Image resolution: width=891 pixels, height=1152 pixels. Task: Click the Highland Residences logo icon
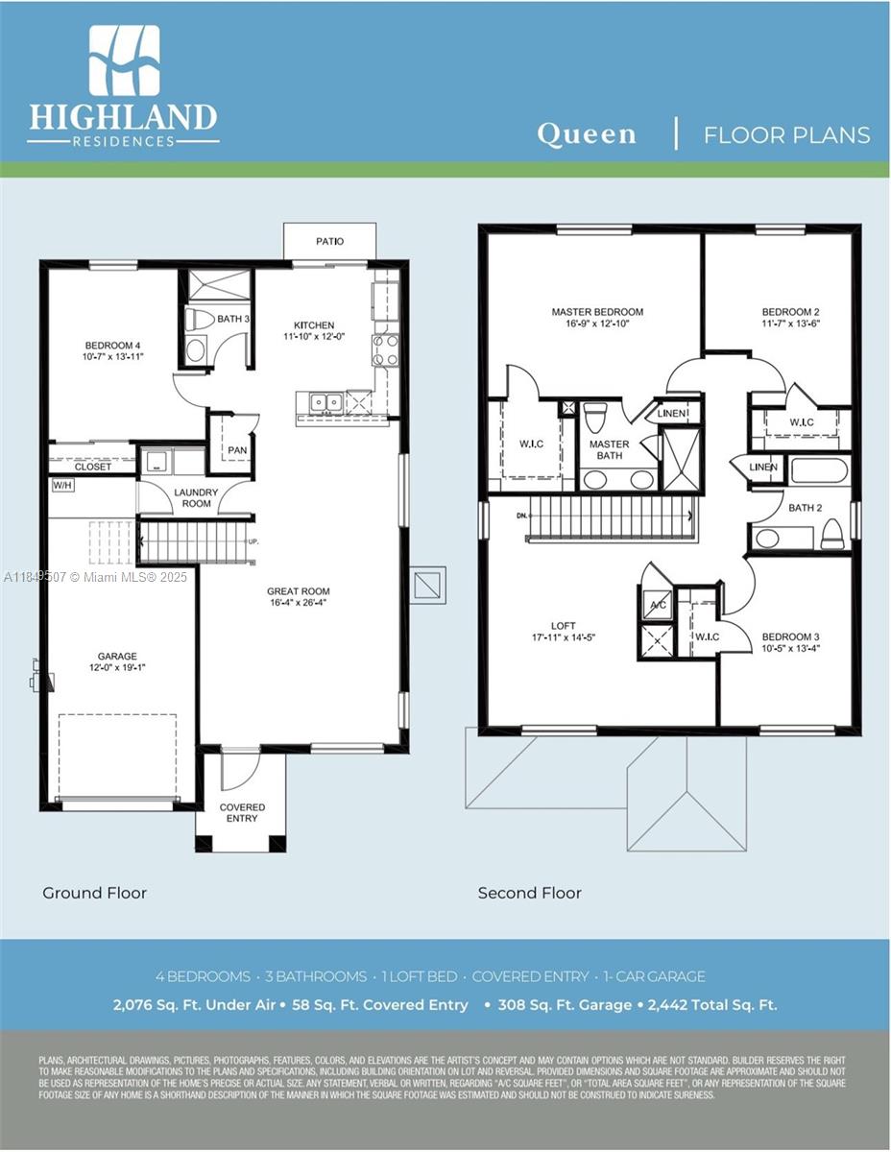coord(124,60)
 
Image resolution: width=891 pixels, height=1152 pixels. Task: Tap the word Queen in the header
coord(587,133)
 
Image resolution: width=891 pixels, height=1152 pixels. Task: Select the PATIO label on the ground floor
coord(329,241)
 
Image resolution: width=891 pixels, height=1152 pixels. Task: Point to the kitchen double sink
coord(324,401)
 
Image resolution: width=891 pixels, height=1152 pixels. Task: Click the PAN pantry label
coord(236,449)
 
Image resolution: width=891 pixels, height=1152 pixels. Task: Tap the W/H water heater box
coord(61,485)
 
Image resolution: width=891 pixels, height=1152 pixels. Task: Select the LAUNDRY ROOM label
coord(196,497)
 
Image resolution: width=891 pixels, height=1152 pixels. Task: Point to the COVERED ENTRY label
coord(242,812)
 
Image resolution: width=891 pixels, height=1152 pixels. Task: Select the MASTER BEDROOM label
coord(597,312)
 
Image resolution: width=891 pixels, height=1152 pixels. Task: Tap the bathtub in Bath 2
coord(818,470)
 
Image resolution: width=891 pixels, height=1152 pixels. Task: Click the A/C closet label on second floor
coord(658,605)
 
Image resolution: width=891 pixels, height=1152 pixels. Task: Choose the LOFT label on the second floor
coord(564,626)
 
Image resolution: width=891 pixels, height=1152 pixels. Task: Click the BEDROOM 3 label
coord(790,636)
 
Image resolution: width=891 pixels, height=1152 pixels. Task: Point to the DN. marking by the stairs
coord(521,516)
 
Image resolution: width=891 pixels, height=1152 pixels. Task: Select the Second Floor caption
coord(529,893)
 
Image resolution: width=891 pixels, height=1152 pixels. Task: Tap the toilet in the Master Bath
coord(595,418)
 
